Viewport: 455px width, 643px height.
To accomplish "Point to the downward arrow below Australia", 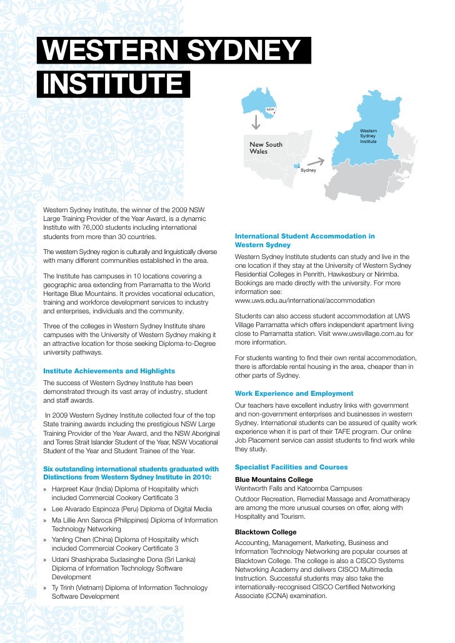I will pyautogui.click(x=256, y=122).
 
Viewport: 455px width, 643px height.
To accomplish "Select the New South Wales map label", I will pyautogui.click(x=266, y=148).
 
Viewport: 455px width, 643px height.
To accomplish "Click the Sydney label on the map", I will pyautogui.click(x=308, y=170).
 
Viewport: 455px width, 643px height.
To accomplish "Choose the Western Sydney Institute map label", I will pyautogui.click(x=368, y=136).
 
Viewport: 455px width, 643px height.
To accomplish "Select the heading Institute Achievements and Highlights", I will pyautogui.click(x=108, y=371).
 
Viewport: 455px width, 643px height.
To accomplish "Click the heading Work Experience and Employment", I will pyautogui.click(x=294, y=393).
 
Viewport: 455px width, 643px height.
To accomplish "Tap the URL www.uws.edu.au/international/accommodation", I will pyautogui.click(x=304, y=300).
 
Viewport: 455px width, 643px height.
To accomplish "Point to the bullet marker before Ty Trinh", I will pyautogui.click(x=46, y=588).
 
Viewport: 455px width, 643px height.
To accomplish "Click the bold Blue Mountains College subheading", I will pyautogui.click(x=274, y=479).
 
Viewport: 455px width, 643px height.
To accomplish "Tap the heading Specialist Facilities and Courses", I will pyautogui.click(x=291, y=467).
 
